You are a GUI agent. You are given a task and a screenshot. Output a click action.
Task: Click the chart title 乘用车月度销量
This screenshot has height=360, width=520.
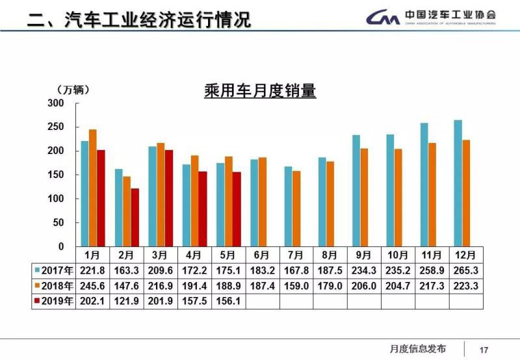click(260, 90)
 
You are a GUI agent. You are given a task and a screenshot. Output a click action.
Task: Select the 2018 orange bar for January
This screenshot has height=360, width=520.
click(93, 188)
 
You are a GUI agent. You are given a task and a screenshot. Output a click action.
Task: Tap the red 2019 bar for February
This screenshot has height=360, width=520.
click(135, 217)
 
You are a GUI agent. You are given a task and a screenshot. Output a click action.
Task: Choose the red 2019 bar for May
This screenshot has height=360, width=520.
click(236, 209)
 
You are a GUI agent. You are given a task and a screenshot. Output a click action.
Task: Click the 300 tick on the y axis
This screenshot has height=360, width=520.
click(57, 103)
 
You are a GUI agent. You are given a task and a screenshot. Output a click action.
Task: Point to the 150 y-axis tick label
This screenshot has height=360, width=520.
click(57, 175)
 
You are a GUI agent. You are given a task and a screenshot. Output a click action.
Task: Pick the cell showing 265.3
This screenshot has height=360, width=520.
click(465, 270)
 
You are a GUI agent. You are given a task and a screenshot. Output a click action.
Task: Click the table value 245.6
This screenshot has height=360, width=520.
click(93, 286)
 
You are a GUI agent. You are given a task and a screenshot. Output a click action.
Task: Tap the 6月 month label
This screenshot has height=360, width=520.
click(262, 254)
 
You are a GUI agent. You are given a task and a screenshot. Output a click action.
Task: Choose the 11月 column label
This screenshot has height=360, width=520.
click(432, 254)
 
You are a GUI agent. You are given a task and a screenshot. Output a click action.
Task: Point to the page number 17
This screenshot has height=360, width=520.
click(483, 349)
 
